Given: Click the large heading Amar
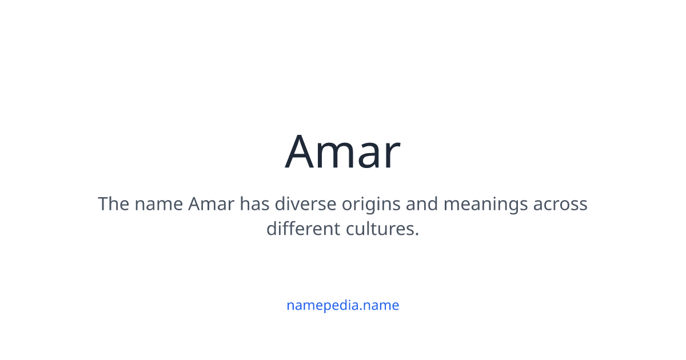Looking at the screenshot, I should click(342, 152).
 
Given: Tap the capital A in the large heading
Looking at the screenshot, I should click(301, 152).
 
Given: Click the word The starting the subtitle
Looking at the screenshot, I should click(113, 204).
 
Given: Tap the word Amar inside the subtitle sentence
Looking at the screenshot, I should click(211, 204).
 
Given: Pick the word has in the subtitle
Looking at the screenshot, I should click(254, 204).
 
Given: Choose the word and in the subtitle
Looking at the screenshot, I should click(422, 204).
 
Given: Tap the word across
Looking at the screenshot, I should click(560, 205).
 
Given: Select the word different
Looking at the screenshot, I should click(303, 229).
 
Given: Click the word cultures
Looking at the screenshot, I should click(379, 229).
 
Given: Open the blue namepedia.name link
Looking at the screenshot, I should click(342, 305).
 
